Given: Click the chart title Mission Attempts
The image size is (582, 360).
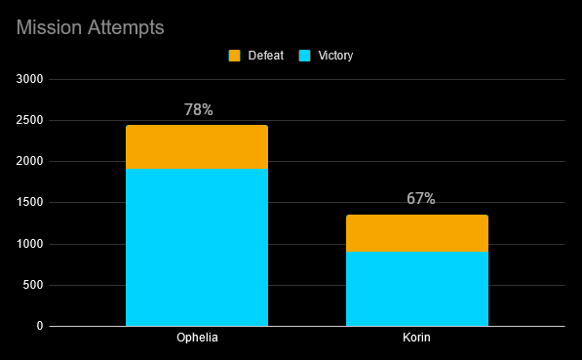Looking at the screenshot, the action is (x=91, y=28).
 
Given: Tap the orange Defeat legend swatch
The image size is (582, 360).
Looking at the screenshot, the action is (x=234, y=56).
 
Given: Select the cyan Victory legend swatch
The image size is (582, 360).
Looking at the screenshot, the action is (x=304, y=56).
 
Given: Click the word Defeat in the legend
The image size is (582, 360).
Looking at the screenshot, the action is (x=266, y=56).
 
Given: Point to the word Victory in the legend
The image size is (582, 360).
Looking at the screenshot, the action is (x=335, y=56).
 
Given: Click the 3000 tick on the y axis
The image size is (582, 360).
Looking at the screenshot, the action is (x=29, y=79).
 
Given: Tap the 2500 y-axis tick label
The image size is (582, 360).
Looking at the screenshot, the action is (x=29, y=120).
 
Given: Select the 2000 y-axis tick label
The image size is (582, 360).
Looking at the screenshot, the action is (x=29, y=161).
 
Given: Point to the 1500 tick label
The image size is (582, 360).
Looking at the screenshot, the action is (x=29, y=203).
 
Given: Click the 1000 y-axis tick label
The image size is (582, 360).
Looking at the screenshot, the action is (x=29, y=244).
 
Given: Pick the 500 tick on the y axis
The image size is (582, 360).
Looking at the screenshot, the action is (x=33, y=285).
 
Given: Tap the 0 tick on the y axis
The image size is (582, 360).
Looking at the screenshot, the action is (x=40, y=326).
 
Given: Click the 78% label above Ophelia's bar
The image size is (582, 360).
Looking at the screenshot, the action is (x=199, y=109).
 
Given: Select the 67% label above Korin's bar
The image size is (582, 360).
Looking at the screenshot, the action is (x=421, y=198).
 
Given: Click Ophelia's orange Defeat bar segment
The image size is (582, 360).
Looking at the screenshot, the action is (x=197, y=147).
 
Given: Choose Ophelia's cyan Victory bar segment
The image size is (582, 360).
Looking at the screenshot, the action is (x=197, y=248).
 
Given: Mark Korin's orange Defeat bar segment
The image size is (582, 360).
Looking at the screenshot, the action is (x=417, y=233).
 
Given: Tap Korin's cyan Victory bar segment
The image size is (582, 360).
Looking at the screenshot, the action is (x=417, y=289).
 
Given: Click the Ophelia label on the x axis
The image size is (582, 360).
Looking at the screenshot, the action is (x=197, y=338).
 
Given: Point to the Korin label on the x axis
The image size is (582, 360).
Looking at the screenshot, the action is (x=417, y=338).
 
